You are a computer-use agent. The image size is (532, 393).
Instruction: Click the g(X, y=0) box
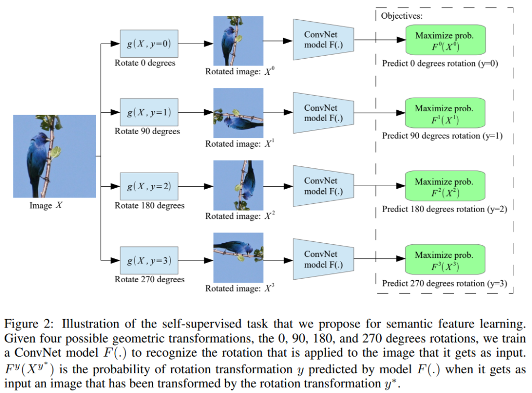(149, 44)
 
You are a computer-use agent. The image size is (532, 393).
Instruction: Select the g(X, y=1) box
(149, 112)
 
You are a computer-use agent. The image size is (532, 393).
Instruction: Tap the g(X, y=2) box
(149, 186)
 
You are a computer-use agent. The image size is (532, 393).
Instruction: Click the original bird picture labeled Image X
(55, 156)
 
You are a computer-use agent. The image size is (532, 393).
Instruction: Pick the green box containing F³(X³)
(444, 260)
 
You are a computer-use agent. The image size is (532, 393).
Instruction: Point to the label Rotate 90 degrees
(147, 132)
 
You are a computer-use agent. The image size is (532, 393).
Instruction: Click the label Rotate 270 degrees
(150, 279)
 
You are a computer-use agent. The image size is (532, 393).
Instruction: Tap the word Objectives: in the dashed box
(402, 16)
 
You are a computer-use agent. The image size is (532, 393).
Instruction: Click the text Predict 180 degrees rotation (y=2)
(444, 209)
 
